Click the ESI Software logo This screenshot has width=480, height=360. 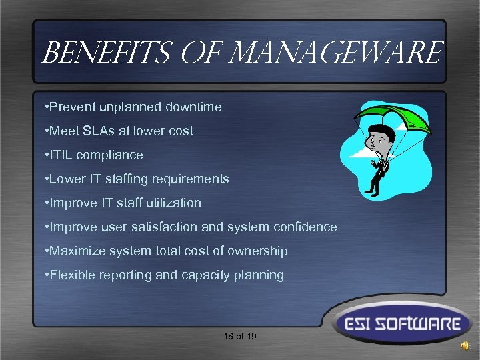398,325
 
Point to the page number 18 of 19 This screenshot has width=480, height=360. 240,336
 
